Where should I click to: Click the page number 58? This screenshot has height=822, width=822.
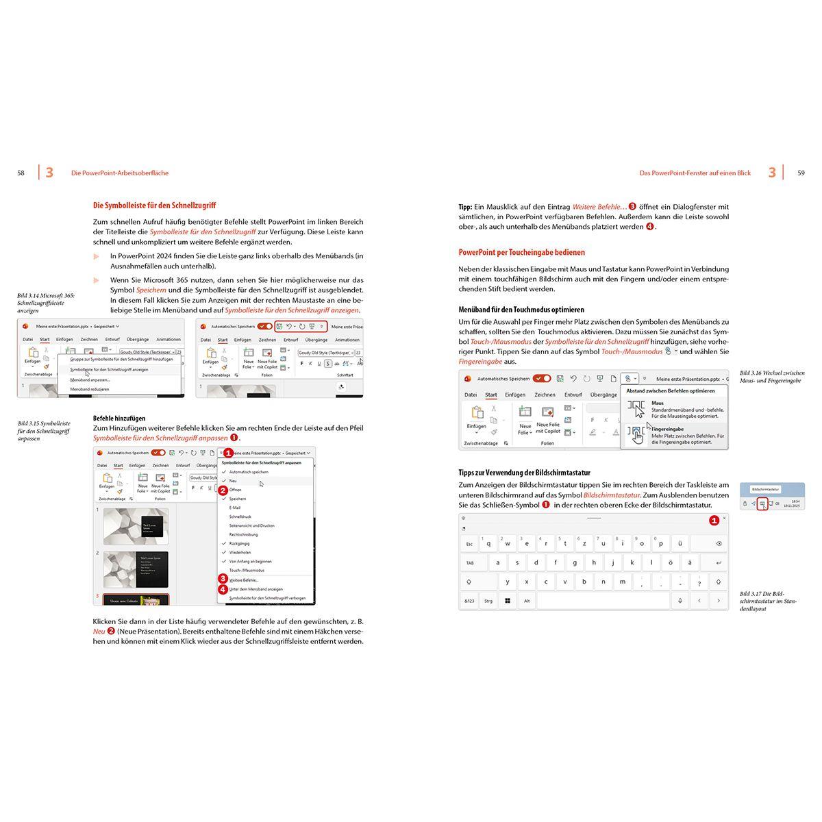point(21,173)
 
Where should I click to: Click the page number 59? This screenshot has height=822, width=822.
point(801,173)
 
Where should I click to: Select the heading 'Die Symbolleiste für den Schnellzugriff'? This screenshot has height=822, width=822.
point(154,206)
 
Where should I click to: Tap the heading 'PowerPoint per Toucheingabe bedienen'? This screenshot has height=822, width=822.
point(521,252)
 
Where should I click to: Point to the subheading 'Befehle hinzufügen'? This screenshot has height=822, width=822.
point(119,418)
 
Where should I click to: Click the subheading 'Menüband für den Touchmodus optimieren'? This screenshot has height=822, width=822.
point(521,310)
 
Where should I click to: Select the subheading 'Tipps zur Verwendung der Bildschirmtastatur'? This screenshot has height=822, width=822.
point(524,473)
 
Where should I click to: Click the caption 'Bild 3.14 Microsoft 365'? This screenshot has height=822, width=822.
point(46,296)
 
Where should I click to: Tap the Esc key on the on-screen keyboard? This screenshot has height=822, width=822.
point(469,545)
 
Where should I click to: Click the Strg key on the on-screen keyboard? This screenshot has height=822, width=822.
point(488,601)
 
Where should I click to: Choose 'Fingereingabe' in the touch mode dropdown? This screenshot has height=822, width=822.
point(667,429)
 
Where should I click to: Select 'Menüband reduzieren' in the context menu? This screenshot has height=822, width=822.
point(90,389)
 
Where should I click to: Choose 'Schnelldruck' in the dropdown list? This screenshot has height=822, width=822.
point(240,516)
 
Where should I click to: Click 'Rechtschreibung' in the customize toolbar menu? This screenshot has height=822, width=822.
point(243,534)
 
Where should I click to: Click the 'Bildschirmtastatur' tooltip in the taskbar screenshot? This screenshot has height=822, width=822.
point(765,490)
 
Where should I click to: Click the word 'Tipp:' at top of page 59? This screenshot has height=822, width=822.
point(465,207)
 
